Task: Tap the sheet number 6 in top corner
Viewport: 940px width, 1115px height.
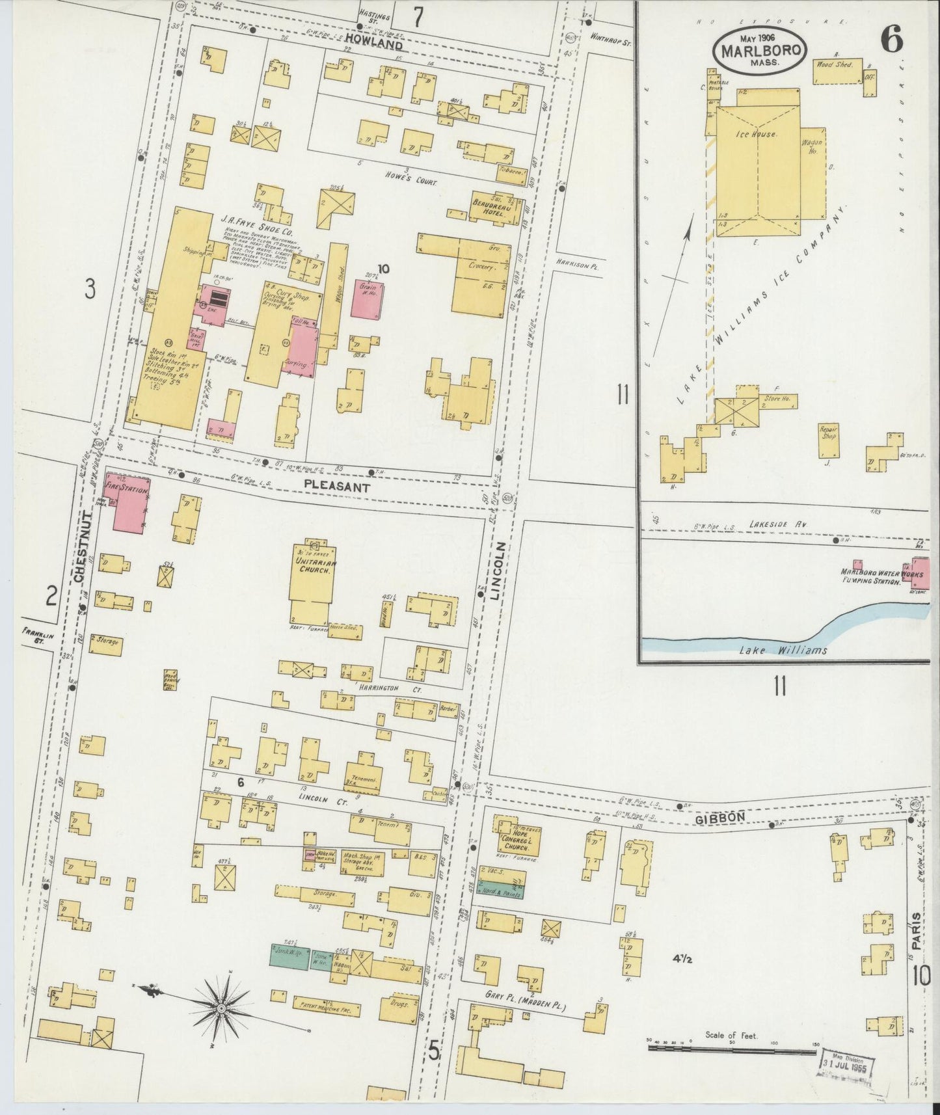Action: point(891,40)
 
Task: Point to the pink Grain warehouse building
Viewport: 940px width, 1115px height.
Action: point(369,299)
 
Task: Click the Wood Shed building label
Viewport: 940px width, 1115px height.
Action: point(835,66)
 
